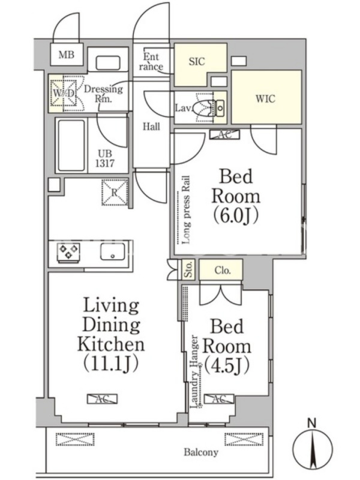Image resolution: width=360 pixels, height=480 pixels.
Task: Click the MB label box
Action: pyautogui.click(x=67, y=55)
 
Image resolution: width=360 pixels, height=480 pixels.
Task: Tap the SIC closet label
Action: pyautogui.click(x=197, y=62)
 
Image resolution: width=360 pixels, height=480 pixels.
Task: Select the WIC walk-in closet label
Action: pyautogui.click(x=265, y=99)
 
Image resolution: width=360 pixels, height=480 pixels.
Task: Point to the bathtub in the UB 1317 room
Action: pyautogui.click(x=71, y=145)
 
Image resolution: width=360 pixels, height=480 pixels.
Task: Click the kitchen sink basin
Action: pyautogui.click(x=113, y=252)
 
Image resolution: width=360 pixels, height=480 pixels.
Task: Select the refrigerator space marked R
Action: pyautogui.click(x=115, y=193)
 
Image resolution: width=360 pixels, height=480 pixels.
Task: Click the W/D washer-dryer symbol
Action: pyautogui.click(x=64, y=93)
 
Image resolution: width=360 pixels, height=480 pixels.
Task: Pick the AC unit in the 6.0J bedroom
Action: pyautogui.click(x=224, y=134)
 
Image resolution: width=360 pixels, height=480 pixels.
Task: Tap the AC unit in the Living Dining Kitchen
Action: pyautogui.click(x=102, y=398)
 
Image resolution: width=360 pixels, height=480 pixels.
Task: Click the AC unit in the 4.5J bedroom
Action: pyautogui.click(x=219, y=398)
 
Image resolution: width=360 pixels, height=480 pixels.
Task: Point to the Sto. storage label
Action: pyautogui.click(x=188, y=269)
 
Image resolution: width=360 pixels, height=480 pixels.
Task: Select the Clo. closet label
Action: pyautogui.click(x=223, y=271)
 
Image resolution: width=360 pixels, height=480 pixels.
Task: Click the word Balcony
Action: pyautogui.click(x=201, y=452)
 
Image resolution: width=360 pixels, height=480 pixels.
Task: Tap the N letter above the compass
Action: pyautogui.click(x=312, y=424)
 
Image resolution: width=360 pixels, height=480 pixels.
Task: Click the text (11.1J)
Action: pyautogui.click(x=111, y=363)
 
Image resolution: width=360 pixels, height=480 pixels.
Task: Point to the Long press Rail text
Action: pyautogui.click(x=186, y=209)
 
